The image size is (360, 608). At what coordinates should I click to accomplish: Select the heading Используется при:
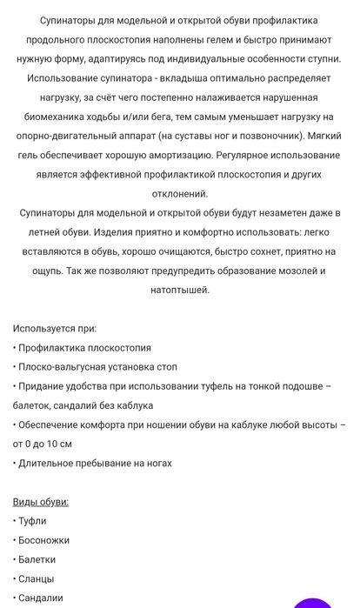coord(55,328)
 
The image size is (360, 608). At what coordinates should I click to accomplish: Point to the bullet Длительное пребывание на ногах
coord(95,463)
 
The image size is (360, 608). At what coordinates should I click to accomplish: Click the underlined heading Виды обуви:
coord(41,501)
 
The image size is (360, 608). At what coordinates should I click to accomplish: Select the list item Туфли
coord(32,520)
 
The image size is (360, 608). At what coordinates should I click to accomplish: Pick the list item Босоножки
coord(43,540)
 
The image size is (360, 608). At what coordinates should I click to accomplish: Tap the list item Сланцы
coord(36,578)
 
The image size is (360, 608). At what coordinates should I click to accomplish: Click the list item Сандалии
coord(40,598)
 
